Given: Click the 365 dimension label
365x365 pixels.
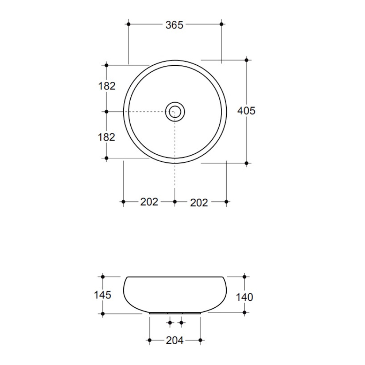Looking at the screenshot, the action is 174,25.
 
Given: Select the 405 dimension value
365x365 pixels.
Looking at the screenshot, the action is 246,111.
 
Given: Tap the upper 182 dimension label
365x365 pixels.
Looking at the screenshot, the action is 107,86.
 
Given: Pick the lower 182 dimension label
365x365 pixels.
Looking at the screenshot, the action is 106,137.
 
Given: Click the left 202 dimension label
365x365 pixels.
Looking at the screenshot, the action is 149,202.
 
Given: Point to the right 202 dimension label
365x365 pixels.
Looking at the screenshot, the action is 199,203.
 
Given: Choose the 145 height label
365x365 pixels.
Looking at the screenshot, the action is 103,295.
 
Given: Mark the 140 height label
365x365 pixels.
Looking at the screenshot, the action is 245,297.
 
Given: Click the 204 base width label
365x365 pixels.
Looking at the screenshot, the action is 175,341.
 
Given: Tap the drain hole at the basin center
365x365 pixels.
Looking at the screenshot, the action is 175,112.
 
